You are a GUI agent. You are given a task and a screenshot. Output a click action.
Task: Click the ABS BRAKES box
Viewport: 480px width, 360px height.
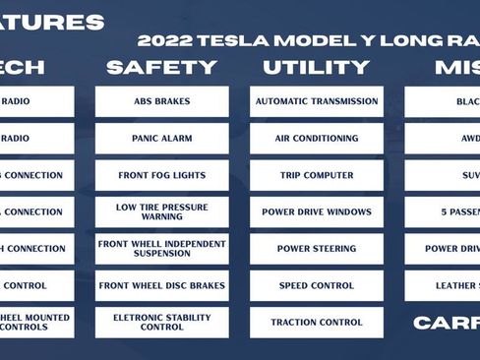click(x=161, y=101)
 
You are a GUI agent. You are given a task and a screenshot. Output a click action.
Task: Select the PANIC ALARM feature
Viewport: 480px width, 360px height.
click(x=161, y=139)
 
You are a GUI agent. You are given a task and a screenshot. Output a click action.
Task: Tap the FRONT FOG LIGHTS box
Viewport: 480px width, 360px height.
click(x=161, y=175)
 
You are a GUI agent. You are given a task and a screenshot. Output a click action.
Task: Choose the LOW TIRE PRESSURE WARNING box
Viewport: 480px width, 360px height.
click(x=161, y=211)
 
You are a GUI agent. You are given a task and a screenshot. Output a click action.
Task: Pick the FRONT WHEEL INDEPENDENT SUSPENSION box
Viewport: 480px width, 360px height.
click(x=161, y=249)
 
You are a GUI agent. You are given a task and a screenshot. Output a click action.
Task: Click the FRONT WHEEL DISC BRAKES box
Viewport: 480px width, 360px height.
click(x=161, y=285)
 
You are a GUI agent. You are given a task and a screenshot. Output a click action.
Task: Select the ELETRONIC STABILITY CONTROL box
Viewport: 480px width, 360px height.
click(x=161, y=322)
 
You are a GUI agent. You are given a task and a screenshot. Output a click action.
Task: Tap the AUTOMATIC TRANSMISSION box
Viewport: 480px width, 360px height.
click(x=316, y=101)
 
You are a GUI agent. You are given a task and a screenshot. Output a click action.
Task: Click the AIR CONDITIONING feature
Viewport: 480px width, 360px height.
click(x=316, y=139)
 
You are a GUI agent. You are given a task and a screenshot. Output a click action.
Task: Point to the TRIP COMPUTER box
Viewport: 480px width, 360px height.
click(x=316, y=175)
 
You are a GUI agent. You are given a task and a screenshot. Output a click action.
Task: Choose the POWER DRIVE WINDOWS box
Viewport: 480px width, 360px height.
click(x=316, y=211)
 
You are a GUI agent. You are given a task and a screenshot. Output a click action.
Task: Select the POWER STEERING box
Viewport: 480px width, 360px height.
click(x=316, y=249)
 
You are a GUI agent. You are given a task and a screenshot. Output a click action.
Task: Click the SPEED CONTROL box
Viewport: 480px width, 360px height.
click(x=316, y=285)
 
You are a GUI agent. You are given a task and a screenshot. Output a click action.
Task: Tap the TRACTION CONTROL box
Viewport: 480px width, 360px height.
click(x=316, y=322)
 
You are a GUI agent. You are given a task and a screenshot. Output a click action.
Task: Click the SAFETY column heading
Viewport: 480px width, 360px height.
click(x=161, y=67)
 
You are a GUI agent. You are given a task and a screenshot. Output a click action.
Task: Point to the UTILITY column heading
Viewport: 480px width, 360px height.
click(x=316, y=67)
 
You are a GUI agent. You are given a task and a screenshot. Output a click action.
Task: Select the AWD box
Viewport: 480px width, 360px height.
click(x=467, y=139)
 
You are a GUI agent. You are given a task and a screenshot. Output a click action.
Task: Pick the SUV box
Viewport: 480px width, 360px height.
click(x=467, y=175)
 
